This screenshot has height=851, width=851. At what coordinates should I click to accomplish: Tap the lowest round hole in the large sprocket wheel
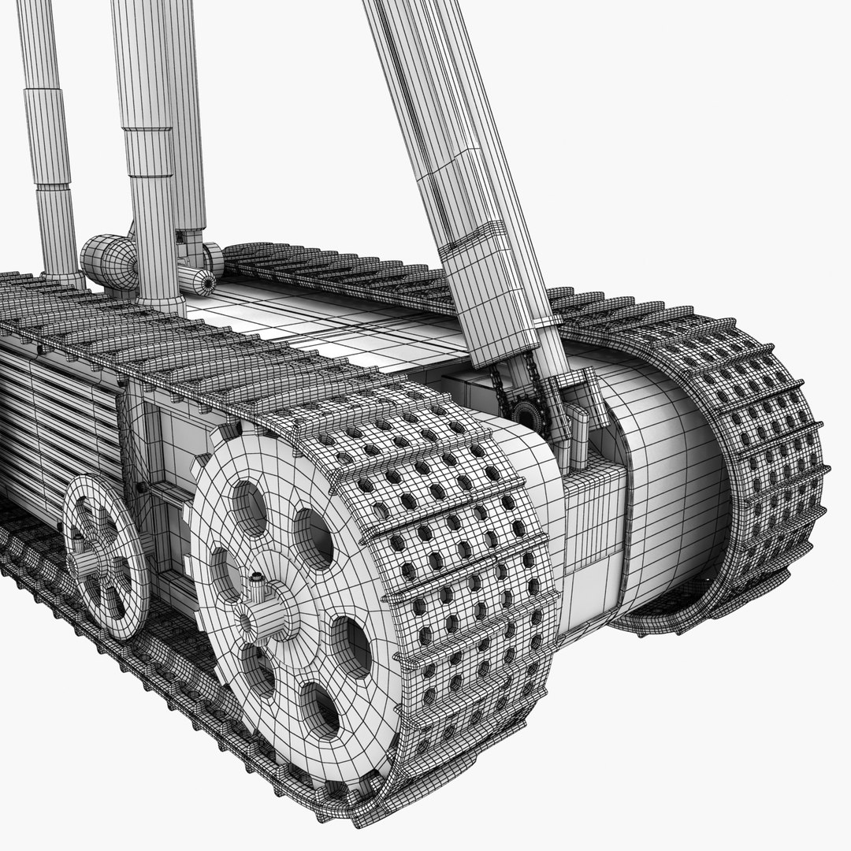click(320, 709)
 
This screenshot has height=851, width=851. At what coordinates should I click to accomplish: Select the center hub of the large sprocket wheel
click(266, 611)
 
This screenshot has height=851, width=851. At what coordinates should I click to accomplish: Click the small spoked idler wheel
click(106, 556)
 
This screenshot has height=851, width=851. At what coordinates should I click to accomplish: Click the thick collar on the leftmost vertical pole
click(46, 137)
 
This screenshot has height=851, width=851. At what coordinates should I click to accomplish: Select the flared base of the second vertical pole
click(161, 303)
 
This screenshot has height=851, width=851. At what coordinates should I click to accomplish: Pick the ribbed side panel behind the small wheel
click(55, 425)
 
